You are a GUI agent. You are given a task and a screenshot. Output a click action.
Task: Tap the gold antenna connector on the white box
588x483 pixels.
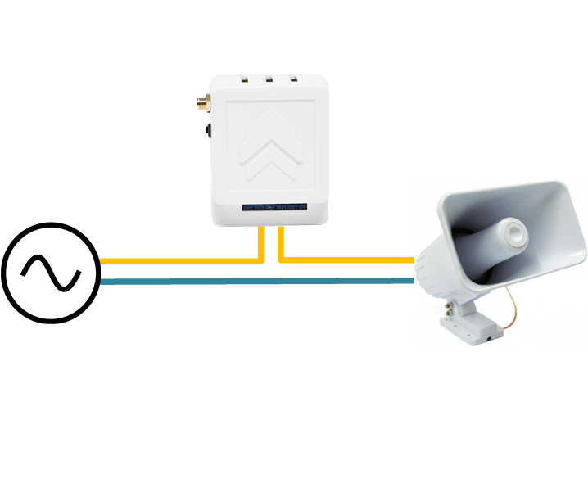[201, 104]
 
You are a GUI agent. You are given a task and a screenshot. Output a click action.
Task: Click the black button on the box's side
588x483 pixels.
[208, 130]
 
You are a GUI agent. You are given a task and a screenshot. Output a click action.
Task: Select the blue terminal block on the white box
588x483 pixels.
[274, 208]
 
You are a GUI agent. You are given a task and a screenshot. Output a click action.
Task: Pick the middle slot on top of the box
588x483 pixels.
[269, 79]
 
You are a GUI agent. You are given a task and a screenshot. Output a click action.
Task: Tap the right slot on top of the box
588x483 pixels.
[292, 79]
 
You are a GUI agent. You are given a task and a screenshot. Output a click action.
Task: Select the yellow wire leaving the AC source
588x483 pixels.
[164, 261]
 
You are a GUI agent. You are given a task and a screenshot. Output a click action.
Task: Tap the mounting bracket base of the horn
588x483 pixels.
[471, 327]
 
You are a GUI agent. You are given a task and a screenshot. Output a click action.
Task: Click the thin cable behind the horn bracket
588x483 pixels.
[513, 307]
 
